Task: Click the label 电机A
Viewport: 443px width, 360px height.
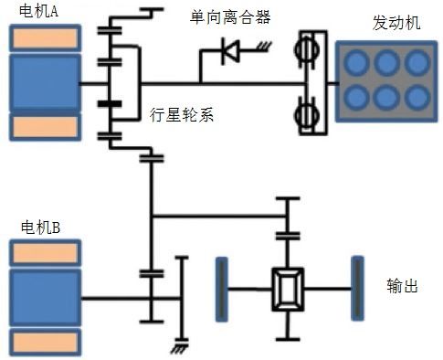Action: (x=38, y=11)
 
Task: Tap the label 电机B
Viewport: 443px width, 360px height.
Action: (x=40, y=228)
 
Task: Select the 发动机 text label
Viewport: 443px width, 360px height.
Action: (x=396, y=23)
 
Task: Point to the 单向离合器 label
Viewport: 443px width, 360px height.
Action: (x=230, y=17)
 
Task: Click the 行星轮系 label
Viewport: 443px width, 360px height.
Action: (x=182, y=115)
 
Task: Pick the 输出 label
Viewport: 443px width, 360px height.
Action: (x=402, y=286)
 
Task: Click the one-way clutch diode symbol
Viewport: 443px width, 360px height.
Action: (x=230, y=51)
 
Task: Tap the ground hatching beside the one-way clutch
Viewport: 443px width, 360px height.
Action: (x=264, y=47)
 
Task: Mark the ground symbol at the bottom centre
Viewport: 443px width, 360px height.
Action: (x=179, y=346)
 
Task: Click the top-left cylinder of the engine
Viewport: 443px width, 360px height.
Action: (x=356, y=62)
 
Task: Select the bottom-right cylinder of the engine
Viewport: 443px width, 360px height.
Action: (x=417, y=98)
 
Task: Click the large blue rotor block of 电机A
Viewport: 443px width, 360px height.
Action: (x=46, y=82)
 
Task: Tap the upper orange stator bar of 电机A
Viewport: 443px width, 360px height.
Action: (x=46, y=38)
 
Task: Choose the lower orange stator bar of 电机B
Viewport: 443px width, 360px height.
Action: (x=46, y=343)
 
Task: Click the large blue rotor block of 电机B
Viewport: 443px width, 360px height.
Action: (x=46, y=298)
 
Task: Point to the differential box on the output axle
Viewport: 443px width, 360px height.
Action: (x=288, y=290)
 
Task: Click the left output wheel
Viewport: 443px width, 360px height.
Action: (x=222, y=290)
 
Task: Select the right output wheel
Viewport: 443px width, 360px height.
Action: (x=357, y=289)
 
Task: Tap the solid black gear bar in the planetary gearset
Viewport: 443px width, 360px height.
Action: (x=110, y=104)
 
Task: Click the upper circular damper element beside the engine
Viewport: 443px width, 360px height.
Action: (x=308, y=49)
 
